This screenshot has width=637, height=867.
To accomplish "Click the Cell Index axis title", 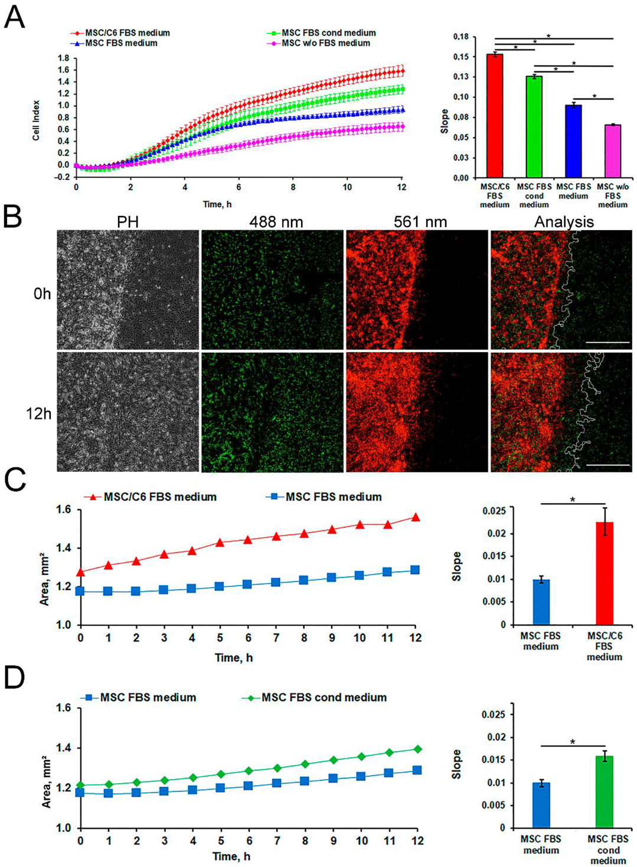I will tap(37, 120).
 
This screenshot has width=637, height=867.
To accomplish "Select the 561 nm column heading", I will tap(420, 222).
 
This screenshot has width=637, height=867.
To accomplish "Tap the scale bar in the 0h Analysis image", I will tap(608, 341).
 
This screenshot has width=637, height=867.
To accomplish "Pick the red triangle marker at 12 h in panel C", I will tap(416, 517).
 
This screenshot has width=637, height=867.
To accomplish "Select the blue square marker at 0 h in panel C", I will tap(81, 590).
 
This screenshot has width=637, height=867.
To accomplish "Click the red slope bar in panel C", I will tap(605, 573).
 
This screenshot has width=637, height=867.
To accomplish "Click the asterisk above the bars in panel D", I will tap(573, 742).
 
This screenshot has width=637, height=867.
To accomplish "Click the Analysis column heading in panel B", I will tap(564, 222).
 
